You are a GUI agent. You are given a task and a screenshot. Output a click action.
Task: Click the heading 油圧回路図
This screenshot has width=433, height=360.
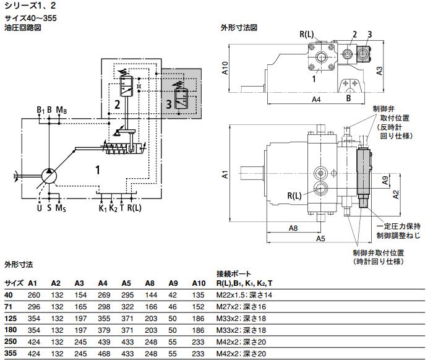click(x=22, y=27)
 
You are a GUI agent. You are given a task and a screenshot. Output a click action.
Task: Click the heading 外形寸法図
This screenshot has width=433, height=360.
click(x=239, y=28)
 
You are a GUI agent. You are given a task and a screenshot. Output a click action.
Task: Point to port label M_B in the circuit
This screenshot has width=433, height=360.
click(x=61, y=110)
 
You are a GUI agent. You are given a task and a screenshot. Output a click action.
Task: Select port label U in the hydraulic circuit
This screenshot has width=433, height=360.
click(x=38, y=208)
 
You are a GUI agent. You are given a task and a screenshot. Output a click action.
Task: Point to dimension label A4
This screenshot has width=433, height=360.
click(x=315, y=100)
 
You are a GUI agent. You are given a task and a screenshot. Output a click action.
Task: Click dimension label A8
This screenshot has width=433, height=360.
click(x=294, y=228)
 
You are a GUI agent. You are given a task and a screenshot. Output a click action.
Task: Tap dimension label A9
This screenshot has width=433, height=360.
click(x=384, y=181)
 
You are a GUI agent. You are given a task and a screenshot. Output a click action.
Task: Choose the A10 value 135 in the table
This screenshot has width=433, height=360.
click(x=198, y=294)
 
